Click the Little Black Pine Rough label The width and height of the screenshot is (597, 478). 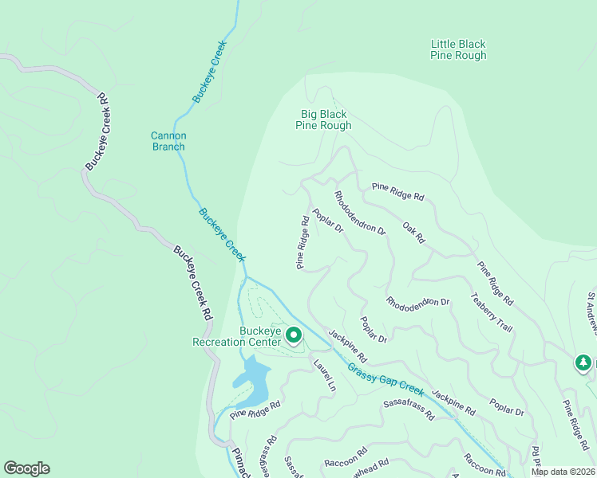(x=458, y=50)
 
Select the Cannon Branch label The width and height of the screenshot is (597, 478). (x=168, y=141)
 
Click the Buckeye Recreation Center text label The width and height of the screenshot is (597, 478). (x=239, y=337)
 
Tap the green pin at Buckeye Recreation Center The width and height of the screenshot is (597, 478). (x=293, y=337)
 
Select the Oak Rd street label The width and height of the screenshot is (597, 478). (x=414, y=233)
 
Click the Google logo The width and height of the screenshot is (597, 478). (x=26, y=468)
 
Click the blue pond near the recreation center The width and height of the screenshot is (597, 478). (x=254, y=381)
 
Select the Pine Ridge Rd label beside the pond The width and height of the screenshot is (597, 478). (x=255, y=409)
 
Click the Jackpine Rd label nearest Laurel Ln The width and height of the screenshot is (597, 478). (x=346, y=347)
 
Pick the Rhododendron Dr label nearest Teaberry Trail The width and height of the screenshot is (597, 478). (x=418, y=303)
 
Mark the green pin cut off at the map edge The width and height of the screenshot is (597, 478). (x=583, y=363)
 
